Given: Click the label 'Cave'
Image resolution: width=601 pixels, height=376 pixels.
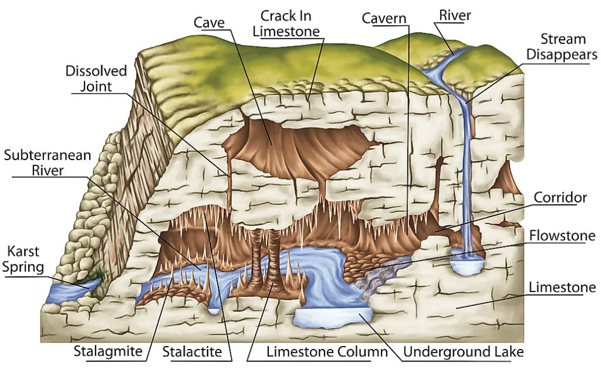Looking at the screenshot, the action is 209,22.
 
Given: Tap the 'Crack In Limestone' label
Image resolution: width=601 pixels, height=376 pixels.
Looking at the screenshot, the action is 286,23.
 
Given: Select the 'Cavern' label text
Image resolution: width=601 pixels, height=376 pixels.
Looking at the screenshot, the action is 384,18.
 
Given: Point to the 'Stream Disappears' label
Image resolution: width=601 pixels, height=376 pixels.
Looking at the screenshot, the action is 562,46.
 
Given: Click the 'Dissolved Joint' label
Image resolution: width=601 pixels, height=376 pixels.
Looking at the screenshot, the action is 96,79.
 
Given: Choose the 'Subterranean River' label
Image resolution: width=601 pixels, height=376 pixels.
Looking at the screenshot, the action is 48,162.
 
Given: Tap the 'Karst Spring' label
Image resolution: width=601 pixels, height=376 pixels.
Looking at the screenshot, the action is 23,259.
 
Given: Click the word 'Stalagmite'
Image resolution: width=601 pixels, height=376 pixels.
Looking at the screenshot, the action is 108,351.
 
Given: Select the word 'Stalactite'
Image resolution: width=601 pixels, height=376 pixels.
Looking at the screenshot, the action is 192,351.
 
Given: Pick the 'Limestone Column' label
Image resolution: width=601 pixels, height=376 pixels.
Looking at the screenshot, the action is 327,351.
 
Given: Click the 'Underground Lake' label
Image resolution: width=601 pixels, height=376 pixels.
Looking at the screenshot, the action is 464,351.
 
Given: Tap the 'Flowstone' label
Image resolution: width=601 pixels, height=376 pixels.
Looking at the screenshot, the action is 562,235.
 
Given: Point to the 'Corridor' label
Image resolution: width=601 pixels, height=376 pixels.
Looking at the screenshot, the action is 560,197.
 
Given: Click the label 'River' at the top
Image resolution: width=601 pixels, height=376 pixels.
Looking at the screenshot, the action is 455,15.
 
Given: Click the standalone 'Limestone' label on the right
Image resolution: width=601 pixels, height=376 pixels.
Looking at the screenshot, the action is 562,287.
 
